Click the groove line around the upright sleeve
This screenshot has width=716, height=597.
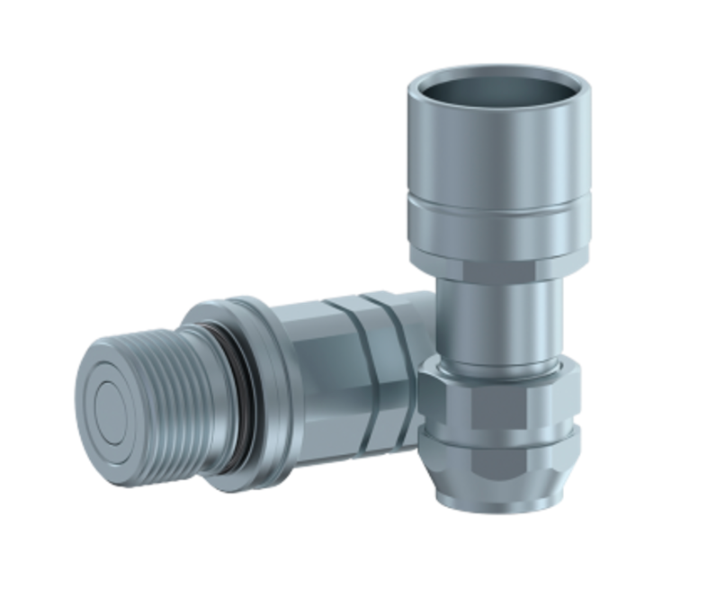coord(499,209)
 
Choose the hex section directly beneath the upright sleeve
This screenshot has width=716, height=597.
coord(499,266)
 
